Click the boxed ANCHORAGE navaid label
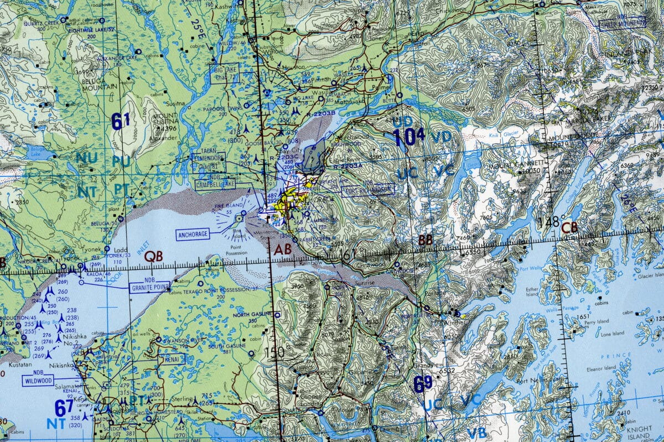point(193,235)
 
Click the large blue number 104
point(408,136)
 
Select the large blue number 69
point(423,384)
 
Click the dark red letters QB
point(153,256)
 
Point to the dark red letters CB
point(569,227)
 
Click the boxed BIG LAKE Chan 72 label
point(224,74)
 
